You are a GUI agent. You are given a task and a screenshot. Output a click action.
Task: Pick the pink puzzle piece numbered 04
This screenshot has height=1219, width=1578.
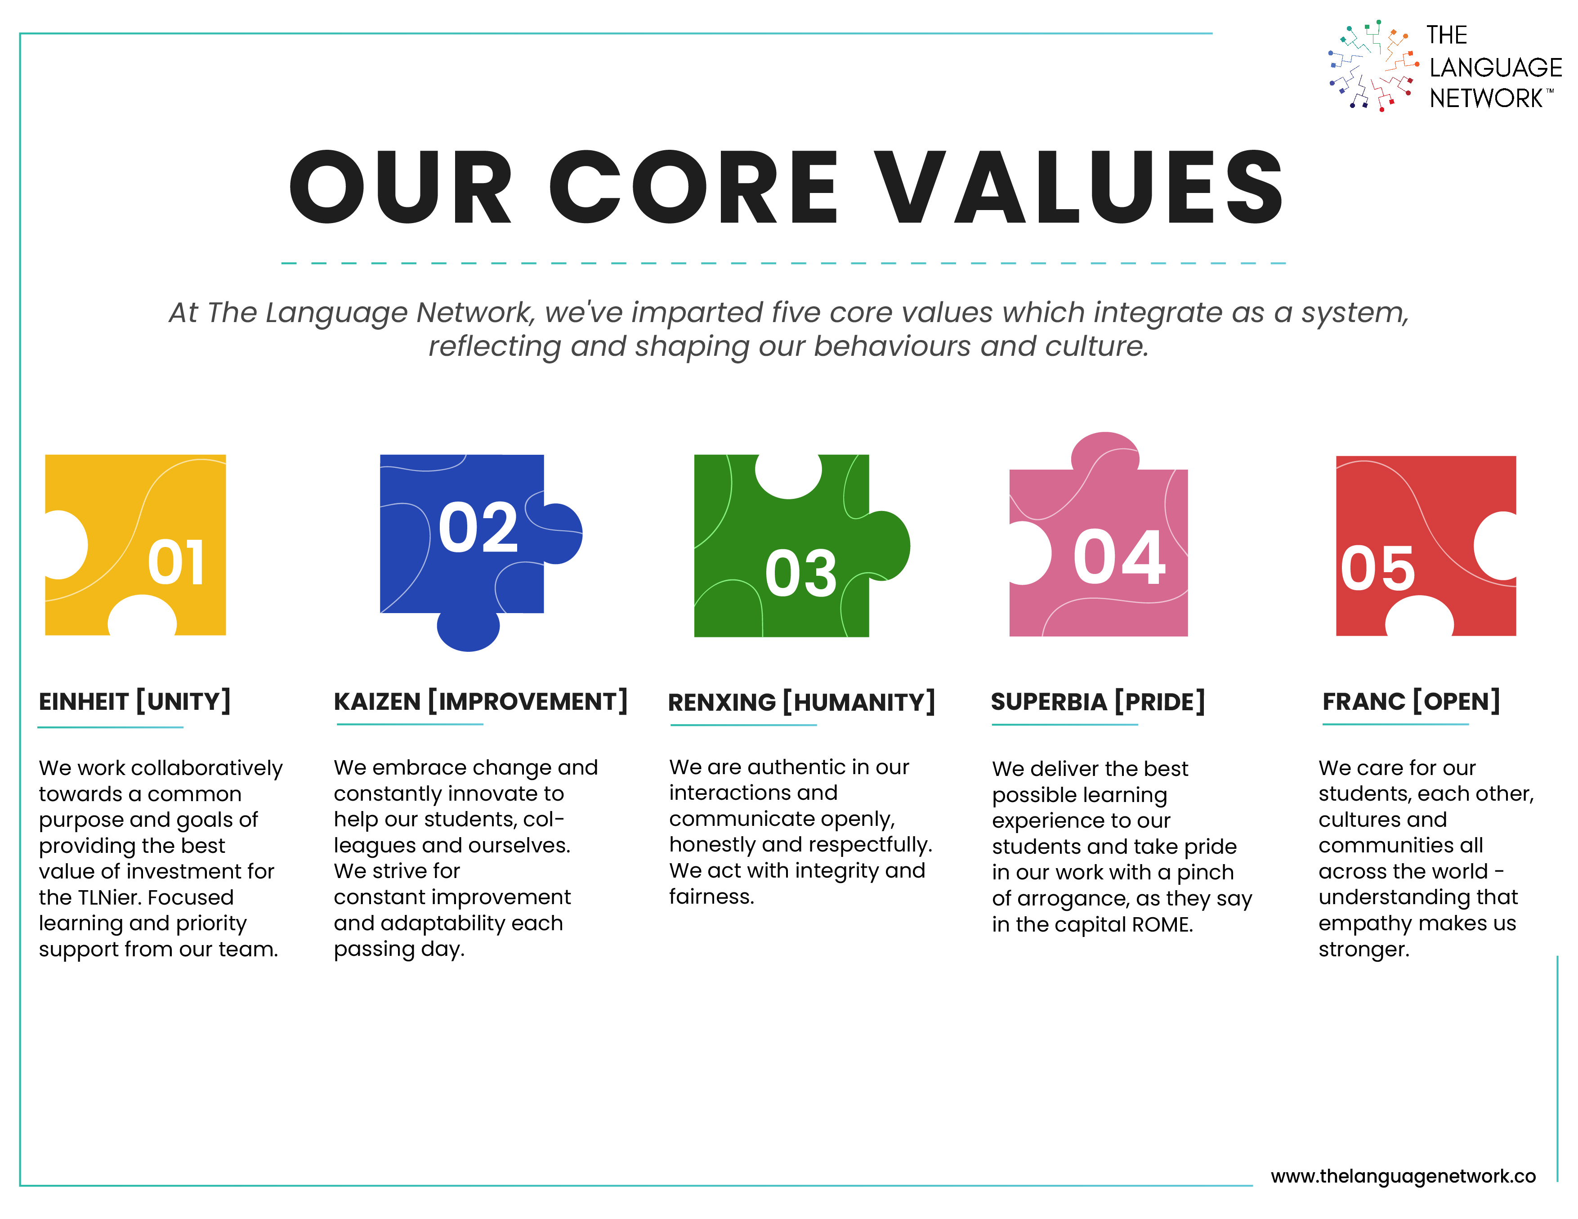coord(1098,549)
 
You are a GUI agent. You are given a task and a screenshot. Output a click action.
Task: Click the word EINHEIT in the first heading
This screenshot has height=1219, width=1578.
coord(84,702)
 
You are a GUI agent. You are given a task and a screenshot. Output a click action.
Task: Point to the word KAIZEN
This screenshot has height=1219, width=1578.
coord(377,702)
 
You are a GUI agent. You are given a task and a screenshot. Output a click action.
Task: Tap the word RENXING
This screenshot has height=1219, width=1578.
coord(722,702)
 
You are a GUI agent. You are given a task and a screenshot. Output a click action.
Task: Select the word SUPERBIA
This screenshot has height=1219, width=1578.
coord(1049,702)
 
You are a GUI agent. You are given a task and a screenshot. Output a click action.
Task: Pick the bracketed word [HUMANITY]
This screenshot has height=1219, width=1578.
coord(859,702)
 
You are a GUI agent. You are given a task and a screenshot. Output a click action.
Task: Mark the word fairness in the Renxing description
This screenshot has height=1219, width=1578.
coord(712,897)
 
